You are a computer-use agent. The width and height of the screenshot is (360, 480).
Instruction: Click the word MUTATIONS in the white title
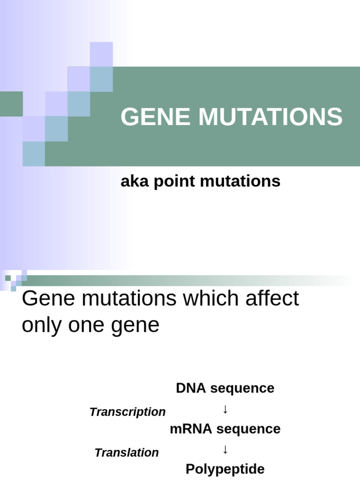[x=270, y=117]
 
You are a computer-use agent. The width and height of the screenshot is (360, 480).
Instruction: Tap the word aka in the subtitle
[x=131, y=181]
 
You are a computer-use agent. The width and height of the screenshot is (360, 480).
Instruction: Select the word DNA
[x=191, y=388]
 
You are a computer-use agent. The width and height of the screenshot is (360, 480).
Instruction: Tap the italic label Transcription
[x=127, y=412]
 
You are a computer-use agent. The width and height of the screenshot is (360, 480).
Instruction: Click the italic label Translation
[x=127, y=453]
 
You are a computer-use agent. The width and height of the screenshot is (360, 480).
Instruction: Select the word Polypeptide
[x=225, y=469]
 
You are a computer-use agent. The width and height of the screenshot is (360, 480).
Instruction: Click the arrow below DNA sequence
[x=225, y=409]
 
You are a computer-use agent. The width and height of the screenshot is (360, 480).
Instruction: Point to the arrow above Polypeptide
[x=225, y=450]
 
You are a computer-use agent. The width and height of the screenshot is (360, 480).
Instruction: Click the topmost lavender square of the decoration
[x=101, y=53]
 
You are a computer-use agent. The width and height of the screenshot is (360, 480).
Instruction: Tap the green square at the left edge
[x=11, y=104]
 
